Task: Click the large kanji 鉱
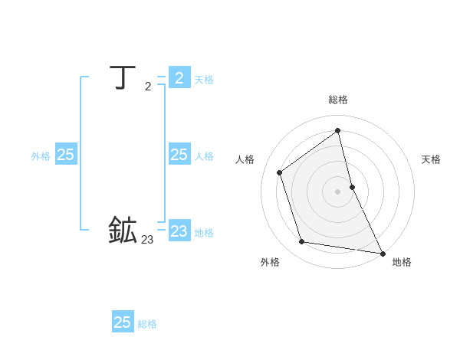click(x=123, y=231)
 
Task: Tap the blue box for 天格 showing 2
click(x=179, y=77)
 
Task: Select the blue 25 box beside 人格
click(x=179, y=155)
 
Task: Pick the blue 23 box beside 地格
click(x=179, y=231)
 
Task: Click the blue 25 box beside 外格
click(x=65, y=155)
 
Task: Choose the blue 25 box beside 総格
click(x=123, y=322)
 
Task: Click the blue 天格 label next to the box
click(x=204, y=79)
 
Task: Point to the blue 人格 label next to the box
click(x=204, y=156)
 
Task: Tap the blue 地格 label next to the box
click(x=204, y=232)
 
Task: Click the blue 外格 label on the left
click(x=41, y=156)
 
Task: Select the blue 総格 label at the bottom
click(x=147, y=324)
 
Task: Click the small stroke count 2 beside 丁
click(x=148, y=87)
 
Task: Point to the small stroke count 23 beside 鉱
click(x=147, y=240)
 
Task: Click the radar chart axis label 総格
click(x=338, y=100)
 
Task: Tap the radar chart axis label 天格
click(x=432, y=159)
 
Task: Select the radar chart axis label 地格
click(x=402, y=262)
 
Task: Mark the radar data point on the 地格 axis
click(x=383, y=254)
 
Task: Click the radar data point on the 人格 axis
click(x=280, y=172)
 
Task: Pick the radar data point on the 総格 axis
click(x=338, y=130)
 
